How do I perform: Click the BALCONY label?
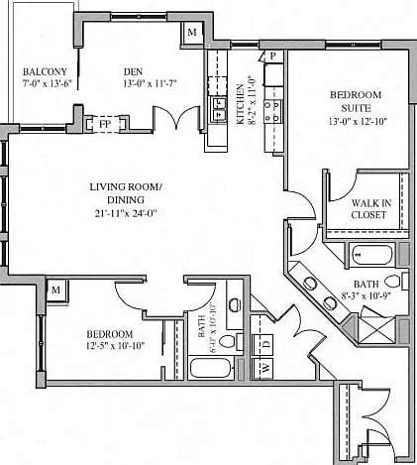[x=45, y=71]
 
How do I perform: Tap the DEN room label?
[x=133, y=71]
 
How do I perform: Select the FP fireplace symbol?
[x=105, y=124]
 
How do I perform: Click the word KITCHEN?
[x=240, y=104]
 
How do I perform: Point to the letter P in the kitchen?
[x=272, y=57]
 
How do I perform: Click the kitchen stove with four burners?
[x=273, y=111]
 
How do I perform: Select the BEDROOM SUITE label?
[x=356, y=101]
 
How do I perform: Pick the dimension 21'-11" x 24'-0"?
[x=125, y=213]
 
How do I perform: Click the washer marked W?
[x=262, y=368]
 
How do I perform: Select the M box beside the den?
[x=192, y=33]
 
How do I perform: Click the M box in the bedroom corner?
[x=56, y=290]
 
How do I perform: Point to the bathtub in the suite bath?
[x=371, y=255]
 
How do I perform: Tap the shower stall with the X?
[x=377, y=331]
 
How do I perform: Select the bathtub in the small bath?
[x=211, y=368]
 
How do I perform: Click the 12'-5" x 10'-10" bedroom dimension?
[x=116, y=346]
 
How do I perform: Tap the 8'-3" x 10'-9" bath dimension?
[x=366, y=295]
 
